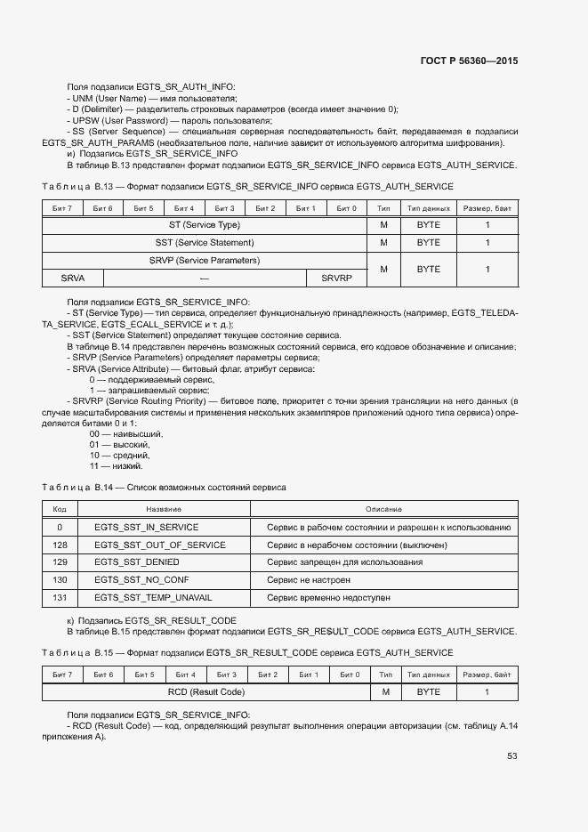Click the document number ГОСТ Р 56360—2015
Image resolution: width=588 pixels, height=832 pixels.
click(469, 61)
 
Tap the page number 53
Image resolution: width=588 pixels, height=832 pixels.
click(512, 756)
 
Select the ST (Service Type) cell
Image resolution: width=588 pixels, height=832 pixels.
click(205, 225)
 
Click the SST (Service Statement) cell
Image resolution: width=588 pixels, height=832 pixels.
click(205, 242)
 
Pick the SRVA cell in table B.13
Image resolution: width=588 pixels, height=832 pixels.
click(73, 278)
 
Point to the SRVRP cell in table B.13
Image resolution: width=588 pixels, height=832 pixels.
click(336, 278)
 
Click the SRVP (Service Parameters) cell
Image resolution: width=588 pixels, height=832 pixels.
click(205, 260)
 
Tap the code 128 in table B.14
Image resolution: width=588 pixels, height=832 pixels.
click(60, 545)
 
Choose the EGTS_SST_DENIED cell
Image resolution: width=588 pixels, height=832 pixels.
click(137, 562)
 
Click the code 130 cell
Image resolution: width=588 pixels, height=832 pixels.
click(60, 579)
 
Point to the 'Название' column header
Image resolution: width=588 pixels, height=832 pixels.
click(164, 509)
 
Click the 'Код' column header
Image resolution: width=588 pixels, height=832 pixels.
click(60, 509)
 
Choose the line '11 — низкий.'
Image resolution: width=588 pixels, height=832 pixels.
click(116, 465)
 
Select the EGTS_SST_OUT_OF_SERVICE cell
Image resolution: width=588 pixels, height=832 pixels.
click(160, 545)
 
